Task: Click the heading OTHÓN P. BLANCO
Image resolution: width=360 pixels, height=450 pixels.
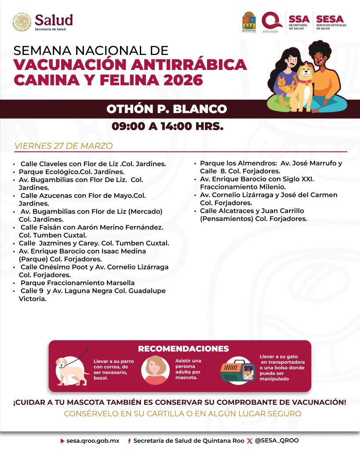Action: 167,109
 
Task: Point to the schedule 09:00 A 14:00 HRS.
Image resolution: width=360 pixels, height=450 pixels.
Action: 167,127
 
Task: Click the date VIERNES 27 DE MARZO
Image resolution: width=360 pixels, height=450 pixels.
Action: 63,146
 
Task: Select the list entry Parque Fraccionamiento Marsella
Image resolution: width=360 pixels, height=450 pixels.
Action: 77,283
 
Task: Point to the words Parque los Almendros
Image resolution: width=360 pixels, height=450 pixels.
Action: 233,163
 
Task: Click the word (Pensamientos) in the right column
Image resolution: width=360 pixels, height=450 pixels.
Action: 225,218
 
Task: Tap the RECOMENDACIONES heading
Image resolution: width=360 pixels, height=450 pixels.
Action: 183,348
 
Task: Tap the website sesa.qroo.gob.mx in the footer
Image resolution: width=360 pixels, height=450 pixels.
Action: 93,440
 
